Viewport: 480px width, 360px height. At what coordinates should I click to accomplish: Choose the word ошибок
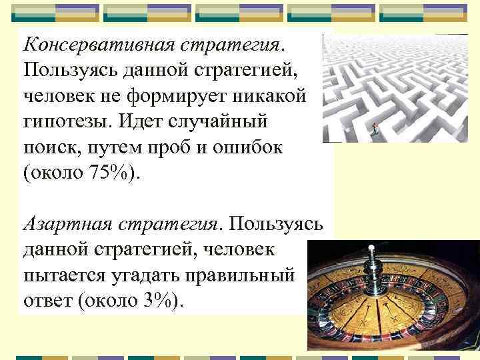(x=249, y=148)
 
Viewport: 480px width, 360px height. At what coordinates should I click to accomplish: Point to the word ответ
(x=47, y=300)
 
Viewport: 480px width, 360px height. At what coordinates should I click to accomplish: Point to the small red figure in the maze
(x=375, y=128)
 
